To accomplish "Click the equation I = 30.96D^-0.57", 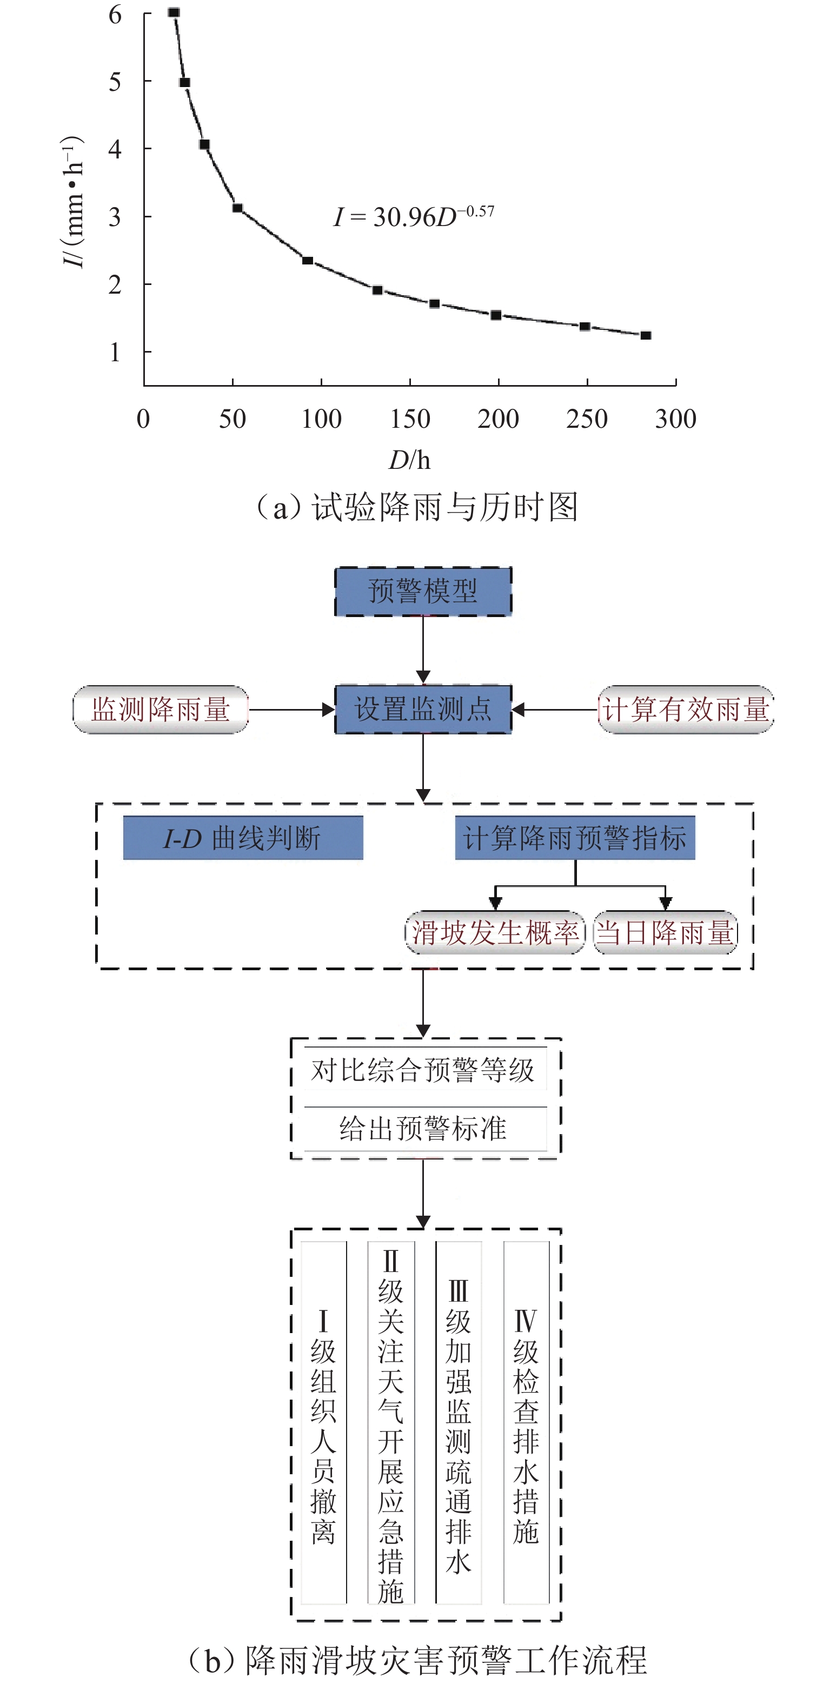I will (414, 216).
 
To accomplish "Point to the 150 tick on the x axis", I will (410, 419).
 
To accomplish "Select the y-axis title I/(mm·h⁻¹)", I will (73, 203).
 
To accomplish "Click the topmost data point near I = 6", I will (174, 12).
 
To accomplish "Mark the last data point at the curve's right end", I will (646, 335).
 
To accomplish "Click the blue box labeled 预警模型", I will (423, 591).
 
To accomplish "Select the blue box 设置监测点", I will (423, 710).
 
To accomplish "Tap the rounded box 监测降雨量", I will (161, 710).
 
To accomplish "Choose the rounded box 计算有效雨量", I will (686, 710).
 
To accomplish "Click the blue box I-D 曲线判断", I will (243, 838).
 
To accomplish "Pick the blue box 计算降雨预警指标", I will (575, 838).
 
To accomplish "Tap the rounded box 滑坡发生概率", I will (495, 932).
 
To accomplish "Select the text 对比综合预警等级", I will (423, 1071).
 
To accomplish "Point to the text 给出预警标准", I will (423, 1128).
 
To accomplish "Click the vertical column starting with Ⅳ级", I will (526, 1424).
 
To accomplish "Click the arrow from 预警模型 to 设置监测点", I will (423, 650).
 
